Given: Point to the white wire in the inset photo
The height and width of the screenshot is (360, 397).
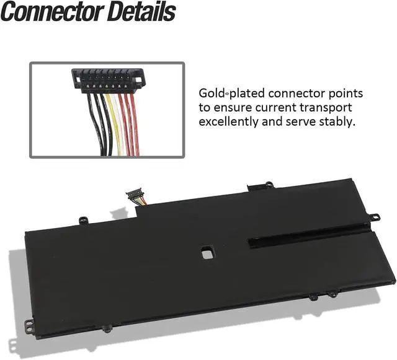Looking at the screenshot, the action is (x=117, y=124).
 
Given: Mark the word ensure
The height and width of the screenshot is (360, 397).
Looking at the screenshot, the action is (x=236, y=108).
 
